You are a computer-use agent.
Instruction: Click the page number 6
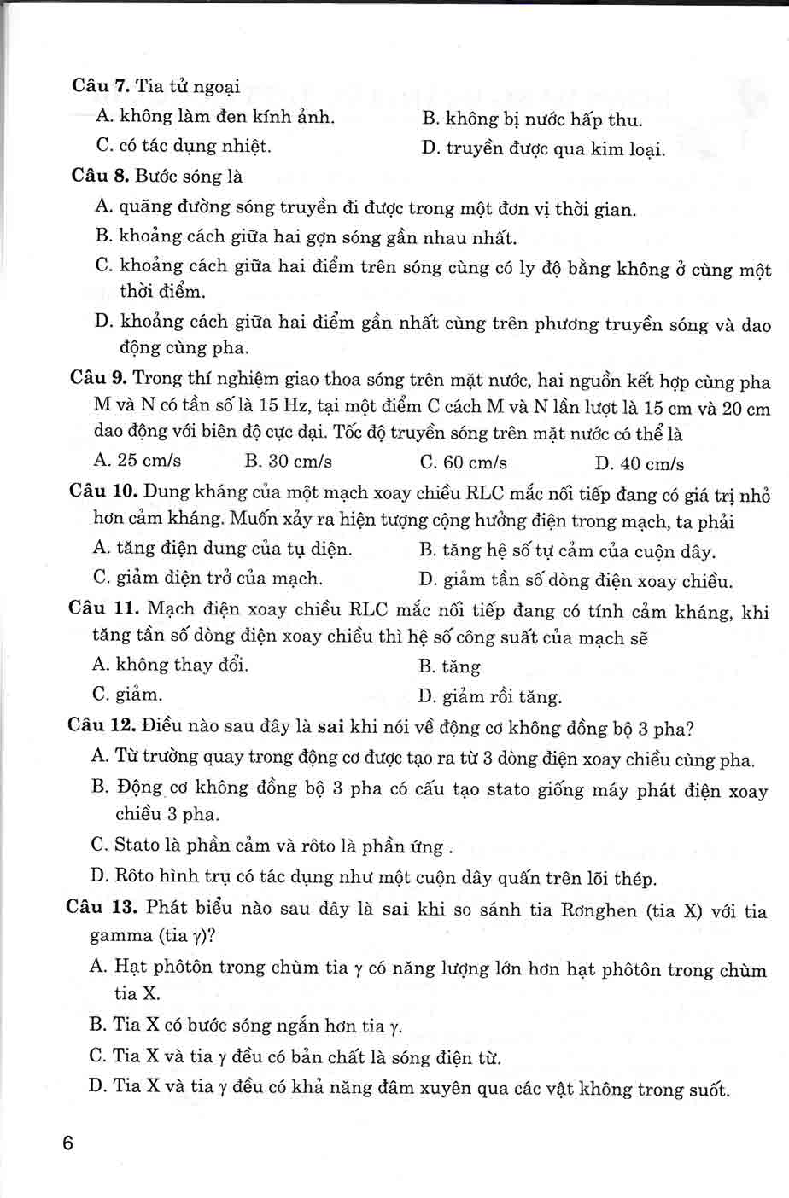coord(69,1144)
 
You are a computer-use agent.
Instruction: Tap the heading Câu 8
coord(99,177)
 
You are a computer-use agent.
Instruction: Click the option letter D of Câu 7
coord(430,148)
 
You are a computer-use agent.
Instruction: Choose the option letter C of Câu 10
coord(101,578)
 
